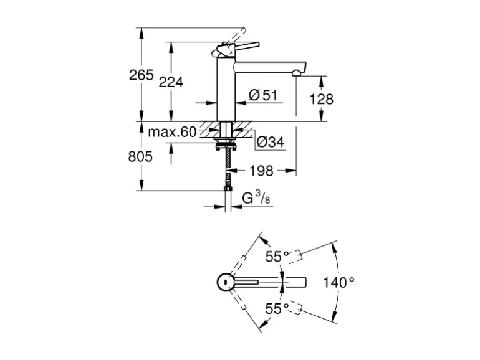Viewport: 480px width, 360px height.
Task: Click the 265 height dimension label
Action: click(141, 75)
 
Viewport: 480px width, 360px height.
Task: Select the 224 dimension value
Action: click(171, 82)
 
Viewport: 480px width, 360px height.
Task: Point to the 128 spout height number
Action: click(321, 99)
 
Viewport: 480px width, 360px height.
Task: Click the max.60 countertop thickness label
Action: click(172, 131)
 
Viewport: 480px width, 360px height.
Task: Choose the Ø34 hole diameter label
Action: click(270, 142)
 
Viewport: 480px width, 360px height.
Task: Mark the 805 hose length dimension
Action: click(140, 157)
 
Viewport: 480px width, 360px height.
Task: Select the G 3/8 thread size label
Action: click(256, 199)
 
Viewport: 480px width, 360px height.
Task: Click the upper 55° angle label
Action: click(277, 257)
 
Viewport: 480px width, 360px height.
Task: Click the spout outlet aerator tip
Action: click(295, 73)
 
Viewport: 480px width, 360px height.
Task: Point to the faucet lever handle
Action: click(240, 46)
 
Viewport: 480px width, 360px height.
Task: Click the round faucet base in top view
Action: click(225, 282)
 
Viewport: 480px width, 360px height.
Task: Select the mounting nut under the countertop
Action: click(226, 147)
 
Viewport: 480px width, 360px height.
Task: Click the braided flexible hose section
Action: click(228, 166)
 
